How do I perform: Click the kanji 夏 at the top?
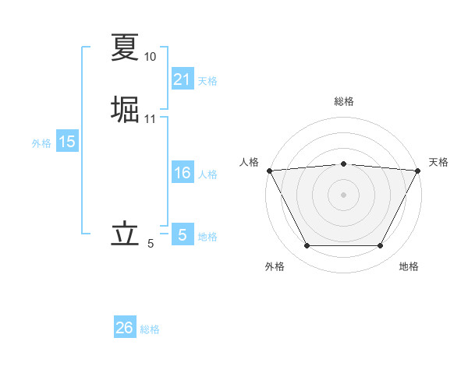(125, 47)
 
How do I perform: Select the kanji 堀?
(125, 109)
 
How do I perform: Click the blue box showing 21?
(182, 79)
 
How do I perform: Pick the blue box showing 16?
(182, 173)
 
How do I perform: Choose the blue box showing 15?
(67, 142)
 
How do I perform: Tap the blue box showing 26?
(125, 328)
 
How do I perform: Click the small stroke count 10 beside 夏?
(150, 57)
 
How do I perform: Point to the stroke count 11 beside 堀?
(150, 119)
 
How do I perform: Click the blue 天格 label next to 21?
(207, 80)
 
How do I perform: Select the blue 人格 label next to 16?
(207, 174)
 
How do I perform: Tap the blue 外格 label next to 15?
(41, 143)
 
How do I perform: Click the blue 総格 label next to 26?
(150, 329)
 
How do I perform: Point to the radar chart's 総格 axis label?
(343, 101)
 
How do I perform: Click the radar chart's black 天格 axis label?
(438, 162)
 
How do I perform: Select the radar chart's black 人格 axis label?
(249, 162)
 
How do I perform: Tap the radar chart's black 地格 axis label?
(409, 266)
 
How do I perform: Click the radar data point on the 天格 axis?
(418, 171)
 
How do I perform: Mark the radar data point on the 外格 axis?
(307, 246)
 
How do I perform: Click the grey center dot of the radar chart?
(343, 194)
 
